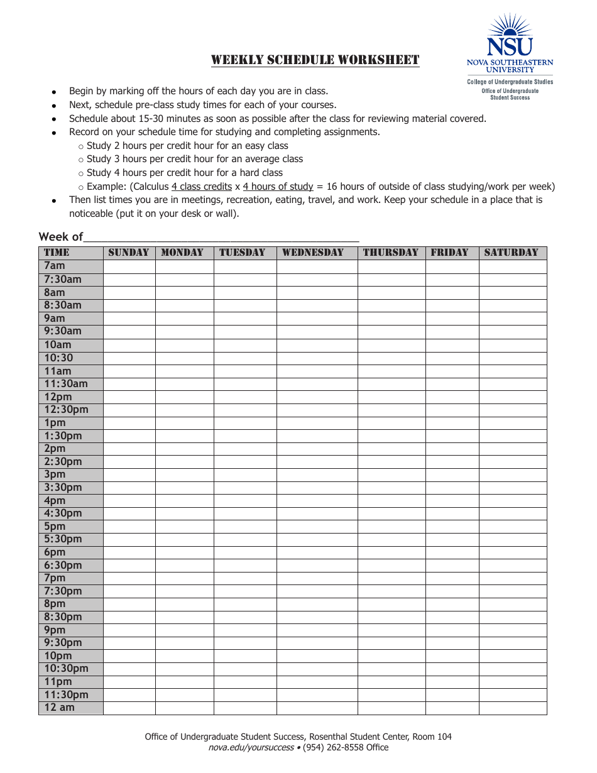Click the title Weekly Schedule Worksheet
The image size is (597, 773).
(315, 60)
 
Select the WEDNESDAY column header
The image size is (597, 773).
(313, 253)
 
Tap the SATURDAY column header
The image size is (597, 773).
(512, 253)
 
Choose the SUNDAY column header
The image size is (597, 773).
(129, 253)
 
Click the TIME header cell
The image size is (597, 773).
(57, 253)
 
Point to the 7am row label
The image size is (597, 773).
(55, 266)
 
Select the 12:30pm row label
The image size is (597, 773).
(66, 410)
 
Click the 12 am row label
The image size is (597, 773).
(59, 708)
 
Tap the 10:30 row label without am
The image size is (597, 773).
(58, 358)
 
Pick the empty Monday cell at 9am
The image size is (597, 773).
(184, 319)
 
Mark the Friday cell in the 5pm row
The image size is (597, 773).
(452, 527)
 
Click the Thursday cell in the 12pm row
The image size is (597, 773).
(391, 397)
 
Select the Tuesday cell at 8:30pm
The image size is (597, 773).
(244, 617)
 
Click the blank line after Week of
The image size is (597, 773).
(221, 237)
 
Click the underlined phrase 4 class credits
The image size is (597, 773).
(202, 187)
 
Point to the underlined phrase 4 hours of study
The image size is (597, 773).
(278, 187)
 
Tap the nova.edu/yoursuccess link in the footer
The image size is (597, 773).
(251, 748)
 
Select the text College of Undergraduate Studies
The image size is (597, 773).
(510, 82)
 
